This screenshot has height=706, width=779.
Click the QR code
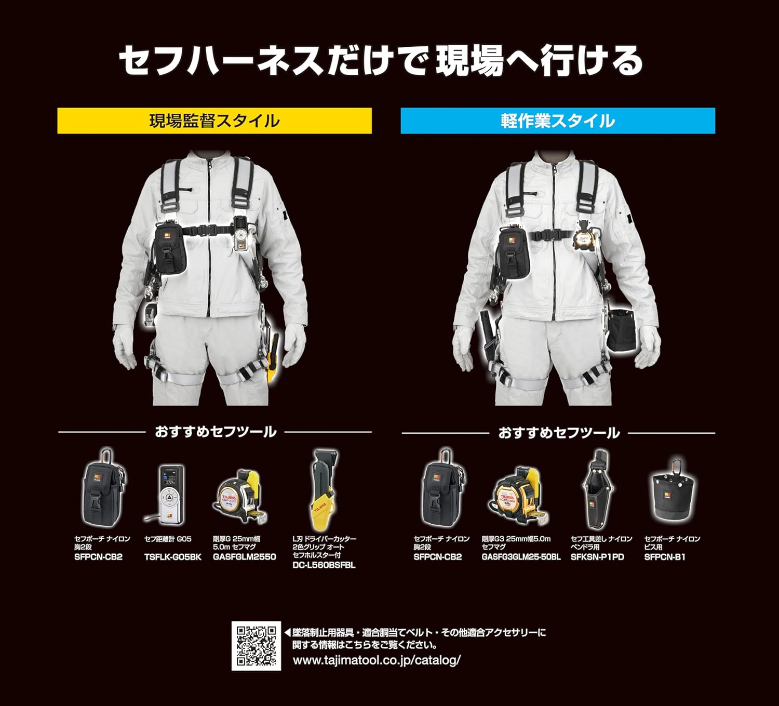click(256, 646)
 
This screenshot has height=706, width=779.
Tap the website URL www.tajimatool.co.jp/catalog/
click(377, 660)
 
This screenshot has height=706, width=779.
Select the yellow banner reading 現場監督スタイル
click(214, 121)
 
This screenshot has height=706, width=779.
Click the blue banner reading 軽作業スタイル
click(558, 121)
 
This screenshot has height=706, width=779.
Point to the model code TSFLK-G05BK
click(172, 557)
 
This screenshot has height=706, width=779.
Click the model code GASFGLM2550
click(244, 557)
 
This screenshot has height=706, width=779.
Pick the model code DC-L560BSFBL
click(324, 565)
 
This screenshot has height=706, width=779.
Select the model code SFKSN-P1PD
click(597, 557)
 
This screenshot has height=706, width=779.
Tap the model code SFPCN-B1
click(665, 557)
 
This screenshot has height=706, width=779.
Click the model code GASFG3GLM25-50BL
click(521, 557)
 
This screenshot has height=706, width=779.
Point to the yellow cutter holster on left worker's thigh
click(272, 358)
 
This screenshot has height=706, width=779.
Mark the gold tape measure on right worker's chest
click(584, 238)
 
